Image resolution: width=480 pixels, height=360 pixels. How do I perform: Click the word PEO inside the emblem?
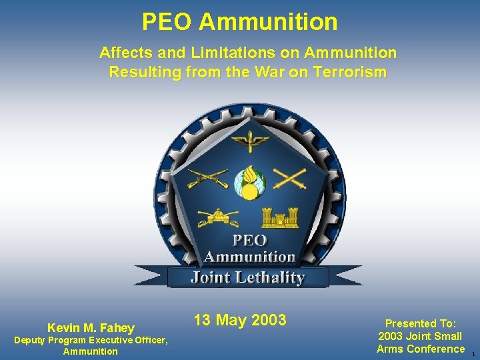[249, 240]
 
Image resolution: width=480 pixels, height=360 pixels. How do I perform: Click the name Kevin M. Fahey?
[91, 327]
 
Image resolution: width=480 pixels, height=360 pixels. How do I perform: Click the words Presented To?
[420, 323]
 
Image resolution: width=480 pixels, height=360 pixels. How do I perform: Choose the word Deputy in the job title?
[29, 341]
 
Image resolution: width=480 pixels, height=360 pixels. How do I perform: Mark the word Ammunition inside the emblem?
[249, 257]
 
